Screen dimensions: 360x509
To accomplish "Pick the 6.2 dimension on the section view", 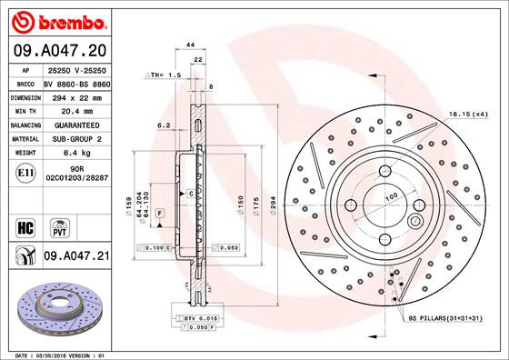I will [165, 125].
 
